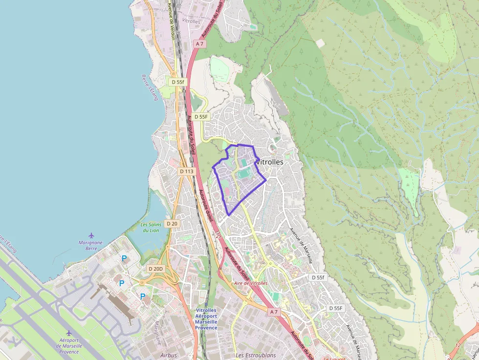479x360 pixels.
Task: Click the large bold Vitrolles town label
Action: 270,162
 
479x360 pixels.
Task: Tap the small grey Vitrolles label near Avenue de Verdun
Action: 191,21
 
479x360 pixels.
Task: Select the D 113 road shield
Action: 186,171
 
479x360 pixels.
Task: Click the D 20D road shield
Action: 155,269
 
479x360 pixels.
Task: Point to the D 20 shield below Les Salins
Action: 172,223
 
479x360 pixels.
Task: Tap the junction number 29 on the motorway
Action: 218,236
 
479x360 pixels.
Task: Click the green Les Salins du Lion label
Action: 151,227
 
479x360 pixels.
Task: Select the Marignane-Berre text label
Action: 91,245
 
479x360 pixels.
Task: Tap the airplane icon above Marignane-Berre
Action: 91,236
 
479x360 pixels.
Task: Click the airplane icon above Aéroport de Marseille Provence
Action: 69,333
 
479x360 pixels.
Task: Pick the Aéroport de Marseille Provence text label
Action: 69,346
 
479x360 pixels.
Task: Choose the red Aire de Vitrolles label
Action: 251,283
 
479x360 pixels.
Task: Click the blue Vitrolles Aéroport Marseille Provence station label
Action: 206,318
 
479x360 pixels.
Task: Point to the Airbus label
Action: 169,355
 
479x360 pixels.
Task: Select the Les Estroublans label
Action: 256,355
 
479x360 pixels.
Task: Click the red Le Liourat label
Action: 334,358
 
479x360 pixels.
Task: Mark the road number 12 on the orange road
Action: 458,345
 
